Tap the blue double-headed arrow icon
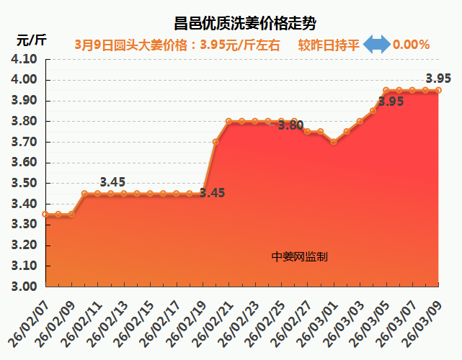(x=376, y=45)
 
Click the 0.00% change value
(x=412, y=45)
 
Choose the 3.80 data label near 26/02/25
(x=290, y=125)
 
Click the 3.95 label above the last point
(x=438, y=78)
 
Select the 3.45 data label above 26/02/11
(x=113, y=182)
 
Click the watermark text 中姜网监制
(x=300, y=256)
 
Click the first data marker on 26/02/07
(x=45, y=214)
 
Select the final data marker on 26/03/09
(x=438, y=90)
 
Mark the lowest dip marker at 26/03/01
(x=333, y=142)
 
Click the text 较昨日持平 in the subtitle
(x=329, y=45)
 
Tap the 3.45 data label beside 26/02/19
(x=212, y=193)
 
